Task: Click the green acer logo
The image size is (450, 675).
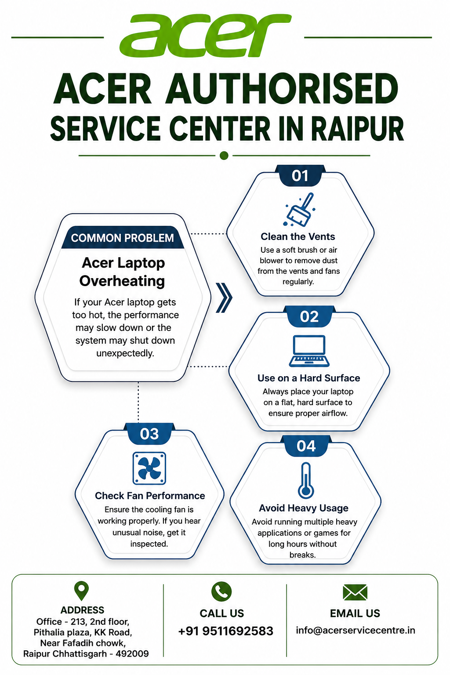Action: (x=206, y=36)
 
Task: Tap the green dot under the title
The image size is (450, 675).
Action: (x=224, y=156)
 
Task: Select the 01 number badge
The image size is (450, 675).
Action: (x=300, y=176)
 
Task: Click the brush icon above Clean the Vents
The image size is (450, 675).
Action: (x=300, y=210)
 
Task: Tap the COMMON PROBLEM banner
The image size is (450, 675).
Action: (x=122, y=238)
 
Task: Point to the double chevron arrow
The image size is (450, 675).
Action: (x=224, y=298)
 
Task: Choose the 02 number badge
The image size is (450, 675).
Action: (x=309, y=317)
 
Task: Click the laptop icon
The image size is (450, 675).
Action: (x=309, y=351)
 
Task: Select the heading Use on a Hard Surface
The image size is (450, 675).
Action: (x=308, y=378)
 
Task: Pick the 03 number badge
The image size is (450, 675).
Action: (x=149, y=434)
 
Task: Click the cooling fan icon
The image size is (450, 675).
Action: (x=149, y=468)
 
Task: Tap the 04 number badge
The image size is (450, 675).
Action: (x=306, y=446)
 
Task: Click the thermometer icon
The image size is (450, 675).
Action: (x=306, y=480)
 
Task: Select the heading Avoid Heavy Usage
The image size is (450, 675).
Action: (x=304, y=508)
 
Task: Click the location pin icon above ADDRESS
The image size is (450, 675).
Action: (x=81, y=590)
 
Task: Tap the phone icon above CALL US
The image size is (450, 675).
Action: (x=221, y=592)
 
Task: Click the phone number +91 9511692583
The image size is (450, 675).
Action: (x=225, y=631)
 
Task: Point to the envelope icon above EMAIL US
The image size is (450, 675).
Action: (x=355, y=592)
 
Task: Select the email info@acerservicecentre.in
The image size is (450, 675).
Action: (x=356, y=630)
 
